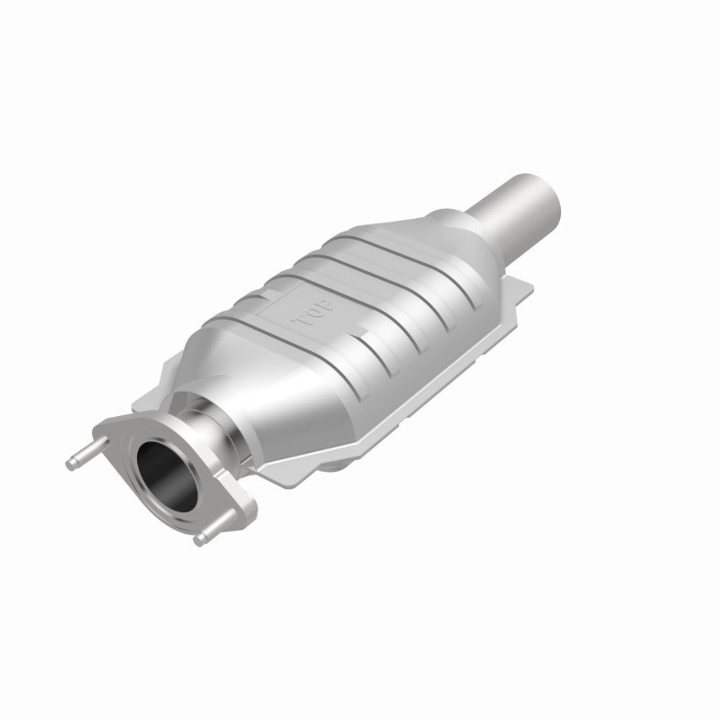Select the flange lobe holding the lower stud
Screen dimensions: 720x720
point(236,506)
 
